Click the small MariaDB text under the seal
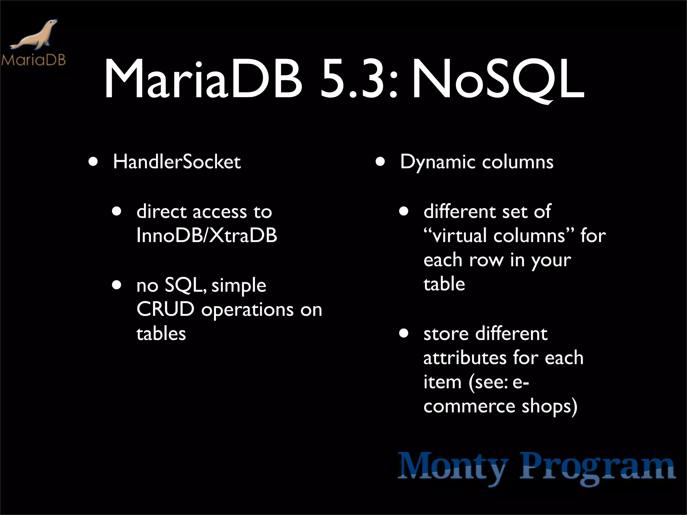pos(33,60)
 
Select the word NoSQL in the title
pos(498,80)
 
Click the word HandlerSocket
pos(177,162)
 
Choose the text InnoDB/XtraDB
pos(207,235)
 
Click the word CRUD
pos(165,309)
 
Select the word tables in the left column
pos(161,334)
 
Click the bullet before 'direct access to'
pos(117,212)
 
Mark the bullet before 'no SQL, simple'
pos(117,285)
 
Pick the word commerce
pos(469,406)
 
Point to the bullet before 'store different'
pos(404,334)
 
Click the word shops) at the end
pos(549,406)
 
